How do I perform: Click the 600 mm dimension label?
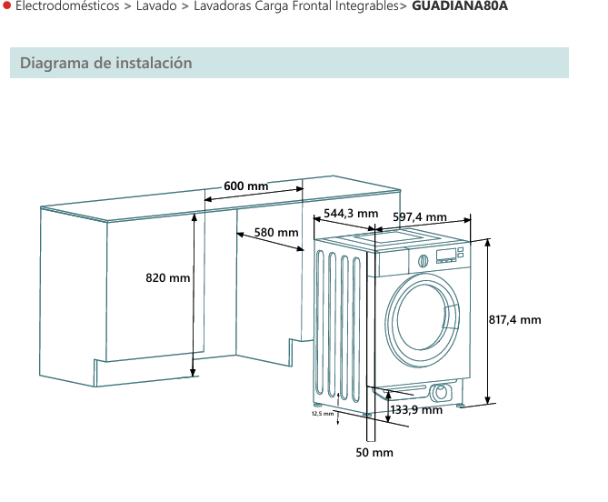tap(246, 186)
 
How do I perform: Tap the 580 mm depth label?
tap(276, 233)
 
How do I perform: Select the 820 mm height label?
tap(168, 277)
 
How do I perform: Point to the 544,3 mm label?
tap(351, 214)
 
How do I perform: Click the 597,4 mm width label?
tap(420, 216)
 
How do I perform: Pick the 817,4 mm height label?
tap(515, 320)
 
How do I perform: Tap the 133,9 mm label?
tap(416, 410)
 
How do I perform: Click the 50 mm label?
tap(374, 452)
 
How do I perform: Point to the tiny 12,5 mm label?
tap(323, 414)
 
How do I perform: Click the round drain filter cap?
tap(442, 393)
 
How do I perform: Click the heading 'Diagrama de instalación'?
tap(106, 63)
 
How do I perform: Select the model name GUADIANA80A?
tap(460, 6)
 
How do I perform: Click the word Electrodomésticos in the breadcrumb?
tap(66, 6)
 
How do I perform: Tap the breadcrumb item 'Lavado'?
tap(156, 6)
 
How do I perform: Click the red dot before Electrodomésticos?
tap(6, 6)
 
